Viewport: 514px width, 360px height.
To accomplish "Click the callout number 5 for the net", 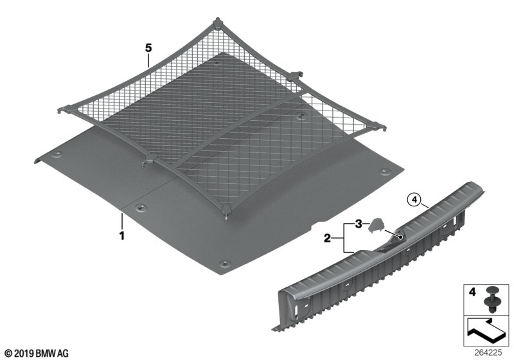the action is click(148, 48).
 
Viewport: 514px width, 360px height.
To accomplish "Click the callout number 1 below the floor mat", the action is click(122, 235).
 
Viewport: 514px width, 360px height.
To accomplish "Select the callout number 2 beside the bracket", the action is click(327, 238).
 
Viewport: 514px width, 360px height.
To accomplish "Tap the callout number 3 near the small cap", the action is click(359, 224).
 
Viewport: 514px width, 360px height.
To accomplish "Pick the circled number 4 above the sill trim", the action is click(414, 199).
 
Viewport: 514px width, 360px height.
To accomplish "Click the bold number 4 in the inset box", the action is click(472, 291).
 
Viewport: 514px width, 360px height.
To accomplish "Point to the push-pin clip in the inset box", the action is click(490, 299).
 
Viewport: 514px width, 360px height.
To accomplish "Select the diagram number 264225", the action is click(488, 353).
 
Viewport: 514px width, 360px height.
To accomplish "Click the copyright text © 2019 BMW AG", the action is click(37, 354).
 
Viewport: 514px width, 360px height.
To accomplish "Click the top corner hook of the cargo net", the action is click(217, 23).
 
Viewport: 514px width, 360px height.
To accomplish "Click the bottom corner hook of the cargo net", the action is click(226, 211).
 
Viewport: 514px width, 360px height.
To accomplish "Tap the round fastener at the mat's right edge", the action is click(384, 172).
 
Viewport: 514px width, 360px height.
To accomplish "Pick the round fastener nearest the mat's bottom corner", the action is click(224, 264).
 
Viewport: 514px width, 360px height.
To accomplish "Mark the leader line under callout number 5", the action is click(148, 60).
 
